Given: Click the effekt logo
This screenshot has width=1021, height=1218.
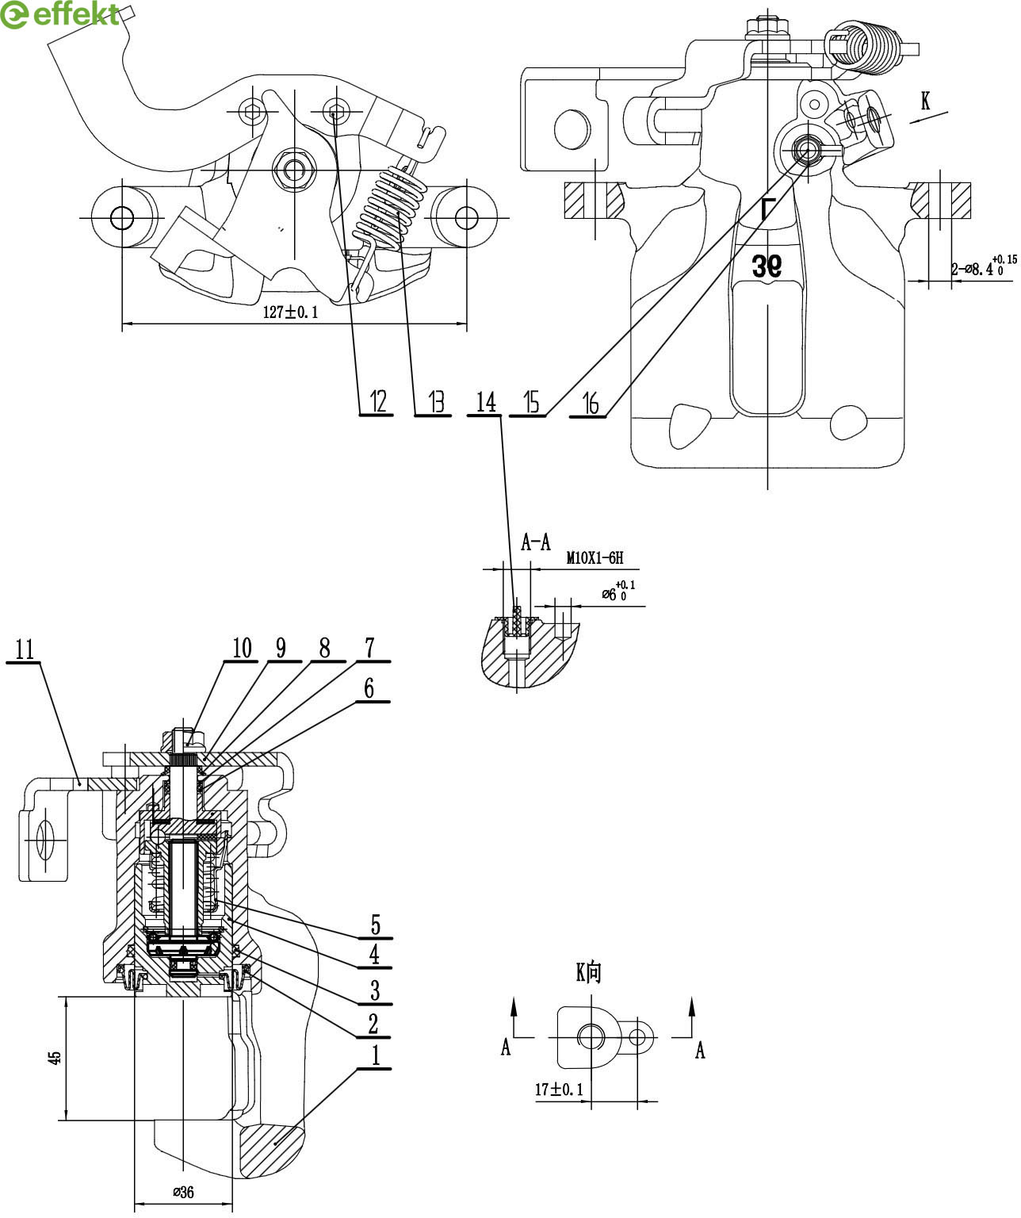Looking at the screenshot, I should pyautogui.click(x=62, y=14).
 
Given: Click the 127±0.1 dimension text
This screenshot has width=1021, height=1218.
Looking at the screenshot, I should pyautogui.click(x=290, y=312).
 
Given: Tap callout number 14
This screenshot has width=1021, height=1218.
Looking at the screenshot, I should pyautogui.click(x=486, y=402).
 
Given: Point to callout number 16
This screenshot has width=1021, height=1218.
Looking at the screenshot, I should pyautogui.click(x=591, y=404).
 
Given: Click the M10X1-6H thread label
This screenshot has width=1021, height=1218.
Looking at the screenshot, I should pyautogui.click(x=595, y=559).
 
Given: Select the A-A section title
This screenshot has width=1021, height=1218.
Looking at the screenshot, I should pyautogui.click(x=536, y=542).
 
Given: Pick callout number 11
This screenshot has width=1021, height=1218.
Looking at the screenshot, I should pyautogui.click(x=25, y=649).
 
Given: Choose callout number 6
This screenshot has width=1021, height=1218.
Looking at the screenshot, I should pyautogui.click(x=369, y=688).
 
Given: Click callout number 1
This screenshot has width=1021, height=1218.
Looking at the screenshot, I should pyautogui.click(x=376, y=1055).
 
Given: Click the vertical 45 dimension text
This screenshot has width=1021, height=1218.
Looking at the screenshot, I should pyautogui.click(x=55, y=1058).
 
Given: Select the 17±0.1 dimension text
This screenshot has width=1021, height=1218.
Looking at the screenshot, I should pyautogui.click(x=558, y=1090).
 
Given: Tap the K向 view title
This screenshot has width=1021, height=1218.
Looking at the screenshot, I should pyautogui.click(x=589, y=972).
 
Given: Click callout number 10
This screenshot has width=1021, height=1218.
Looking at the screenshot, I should pyautogui.click(x=242, y=649).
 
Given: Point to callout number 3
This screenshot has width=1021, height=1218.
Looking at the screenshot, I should pyautogui.click(x=375, y=990).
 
